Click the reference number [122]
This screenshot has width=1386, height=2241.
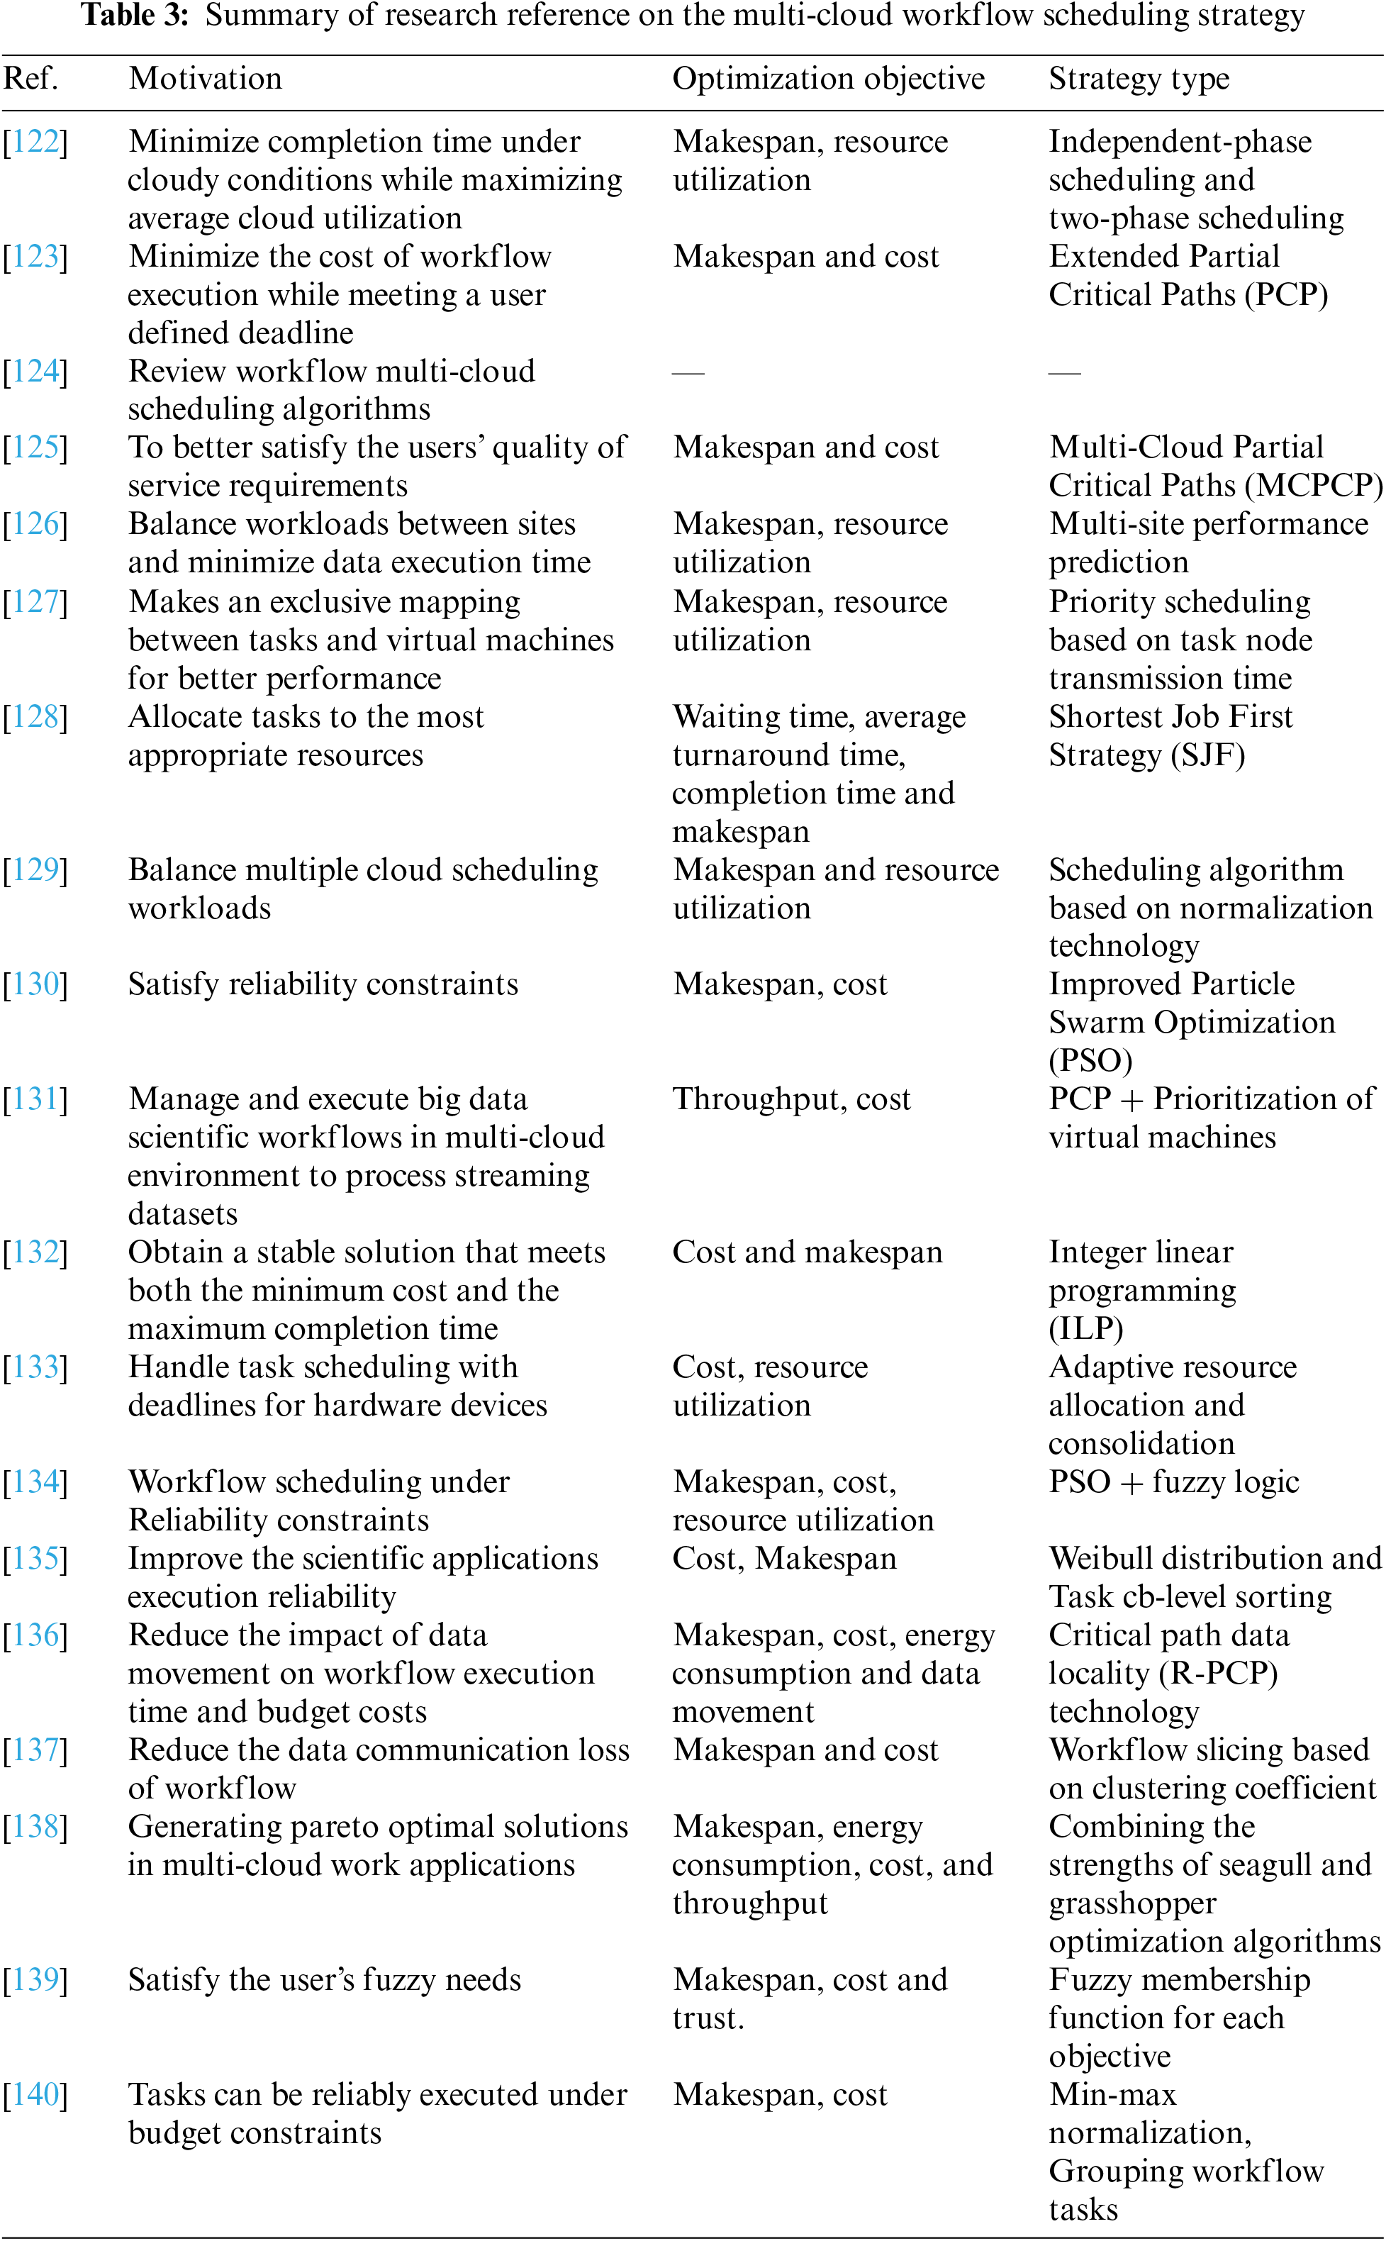[35, 141]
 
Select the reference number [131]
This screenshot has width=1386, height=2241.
[35, 1099]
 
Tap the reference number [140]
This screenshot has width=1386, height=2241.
[35, 2094]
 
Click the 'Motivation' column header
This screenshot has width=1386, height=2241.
[206, 79]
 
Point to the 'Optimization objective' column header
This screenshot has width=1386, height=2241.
[828, 79]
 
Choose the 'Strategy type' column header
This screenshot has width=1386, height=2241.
[1139, 79]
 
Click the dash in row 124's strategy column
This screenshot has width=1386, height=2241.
[1064, 372]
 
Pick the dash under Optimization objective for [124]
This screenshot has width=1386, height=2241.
[688, 372]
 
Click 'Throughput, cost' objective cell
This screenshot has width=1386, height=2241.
[791, 1099]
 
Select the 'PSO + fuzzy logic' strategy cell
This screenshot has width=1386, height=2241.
[1173, 1481]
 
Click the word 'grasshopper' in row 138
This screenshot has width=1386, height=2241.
[1132, 1903]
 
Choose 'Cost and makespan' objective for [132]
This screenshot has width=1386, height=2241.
[807, 1252]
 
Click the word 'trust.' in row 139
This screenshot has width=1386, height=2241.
[708, 2018]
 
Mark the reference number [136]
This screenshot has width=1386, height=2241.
[35, 1635]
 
